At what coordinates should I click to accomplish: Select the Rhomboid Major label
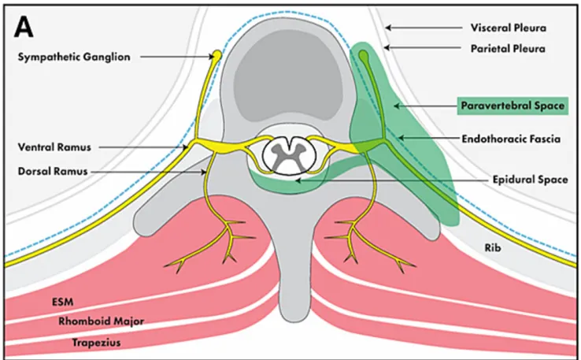pos(91,321)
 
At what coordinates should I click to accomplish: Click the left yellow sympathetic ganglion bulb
pos(216,55)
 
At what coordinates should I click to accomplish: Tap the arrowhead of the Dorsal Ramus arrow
pos(206,170)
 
